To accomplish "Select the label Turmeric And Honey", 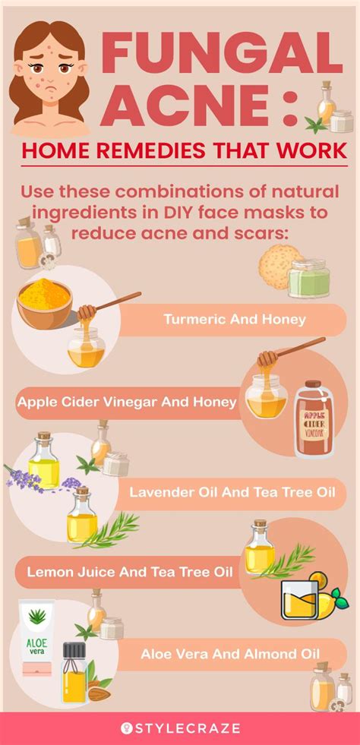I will [x=235, y=319].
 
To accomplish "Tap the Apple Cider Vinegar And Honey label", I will [x=127, y=402].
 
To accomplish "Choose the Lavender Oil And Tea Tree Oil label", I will [x=232, y=493].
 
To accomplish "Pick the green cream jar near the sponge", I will [x=309, y=278].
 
